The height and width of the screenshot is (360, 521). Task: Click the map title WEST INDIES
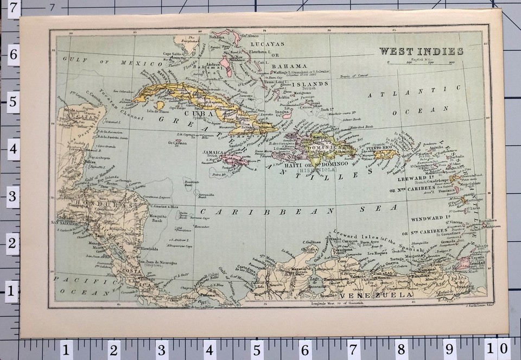421,52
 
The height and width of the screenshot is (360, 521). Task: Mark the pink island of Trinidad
464,263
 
